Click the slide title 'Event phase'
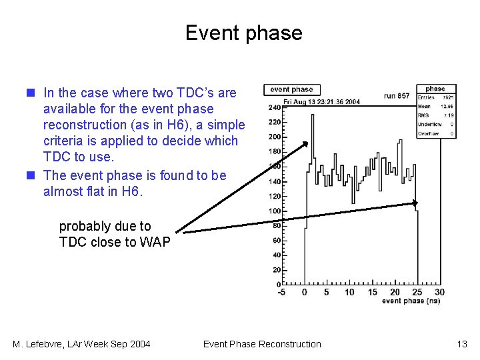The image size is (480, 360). click(243, 33)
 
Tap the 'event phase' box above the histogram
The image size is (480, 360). click(291, 89)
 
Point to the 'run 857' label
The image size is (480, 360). click(397, 95)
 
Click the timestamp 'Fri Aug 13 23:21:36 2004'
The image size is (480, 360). click(321, 102)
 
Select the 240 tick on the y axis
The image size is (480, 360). click(274, 107)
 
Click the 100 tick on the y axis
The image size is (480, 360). click(274, 211)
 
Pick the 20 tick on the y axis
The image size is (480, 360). click(275, 270)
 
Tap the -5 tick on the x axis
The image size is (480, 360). click(282, 292)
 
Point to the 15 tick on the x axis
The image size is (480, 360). click(373, 292)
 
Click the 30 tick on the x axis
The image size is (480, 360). click(439, 292)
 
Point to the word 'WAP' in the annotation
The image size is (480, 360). click(155, 242)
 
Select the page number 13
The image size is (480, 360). click(462, 344)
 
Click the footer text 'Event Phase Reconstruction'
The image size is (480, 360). click(262, 344)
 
